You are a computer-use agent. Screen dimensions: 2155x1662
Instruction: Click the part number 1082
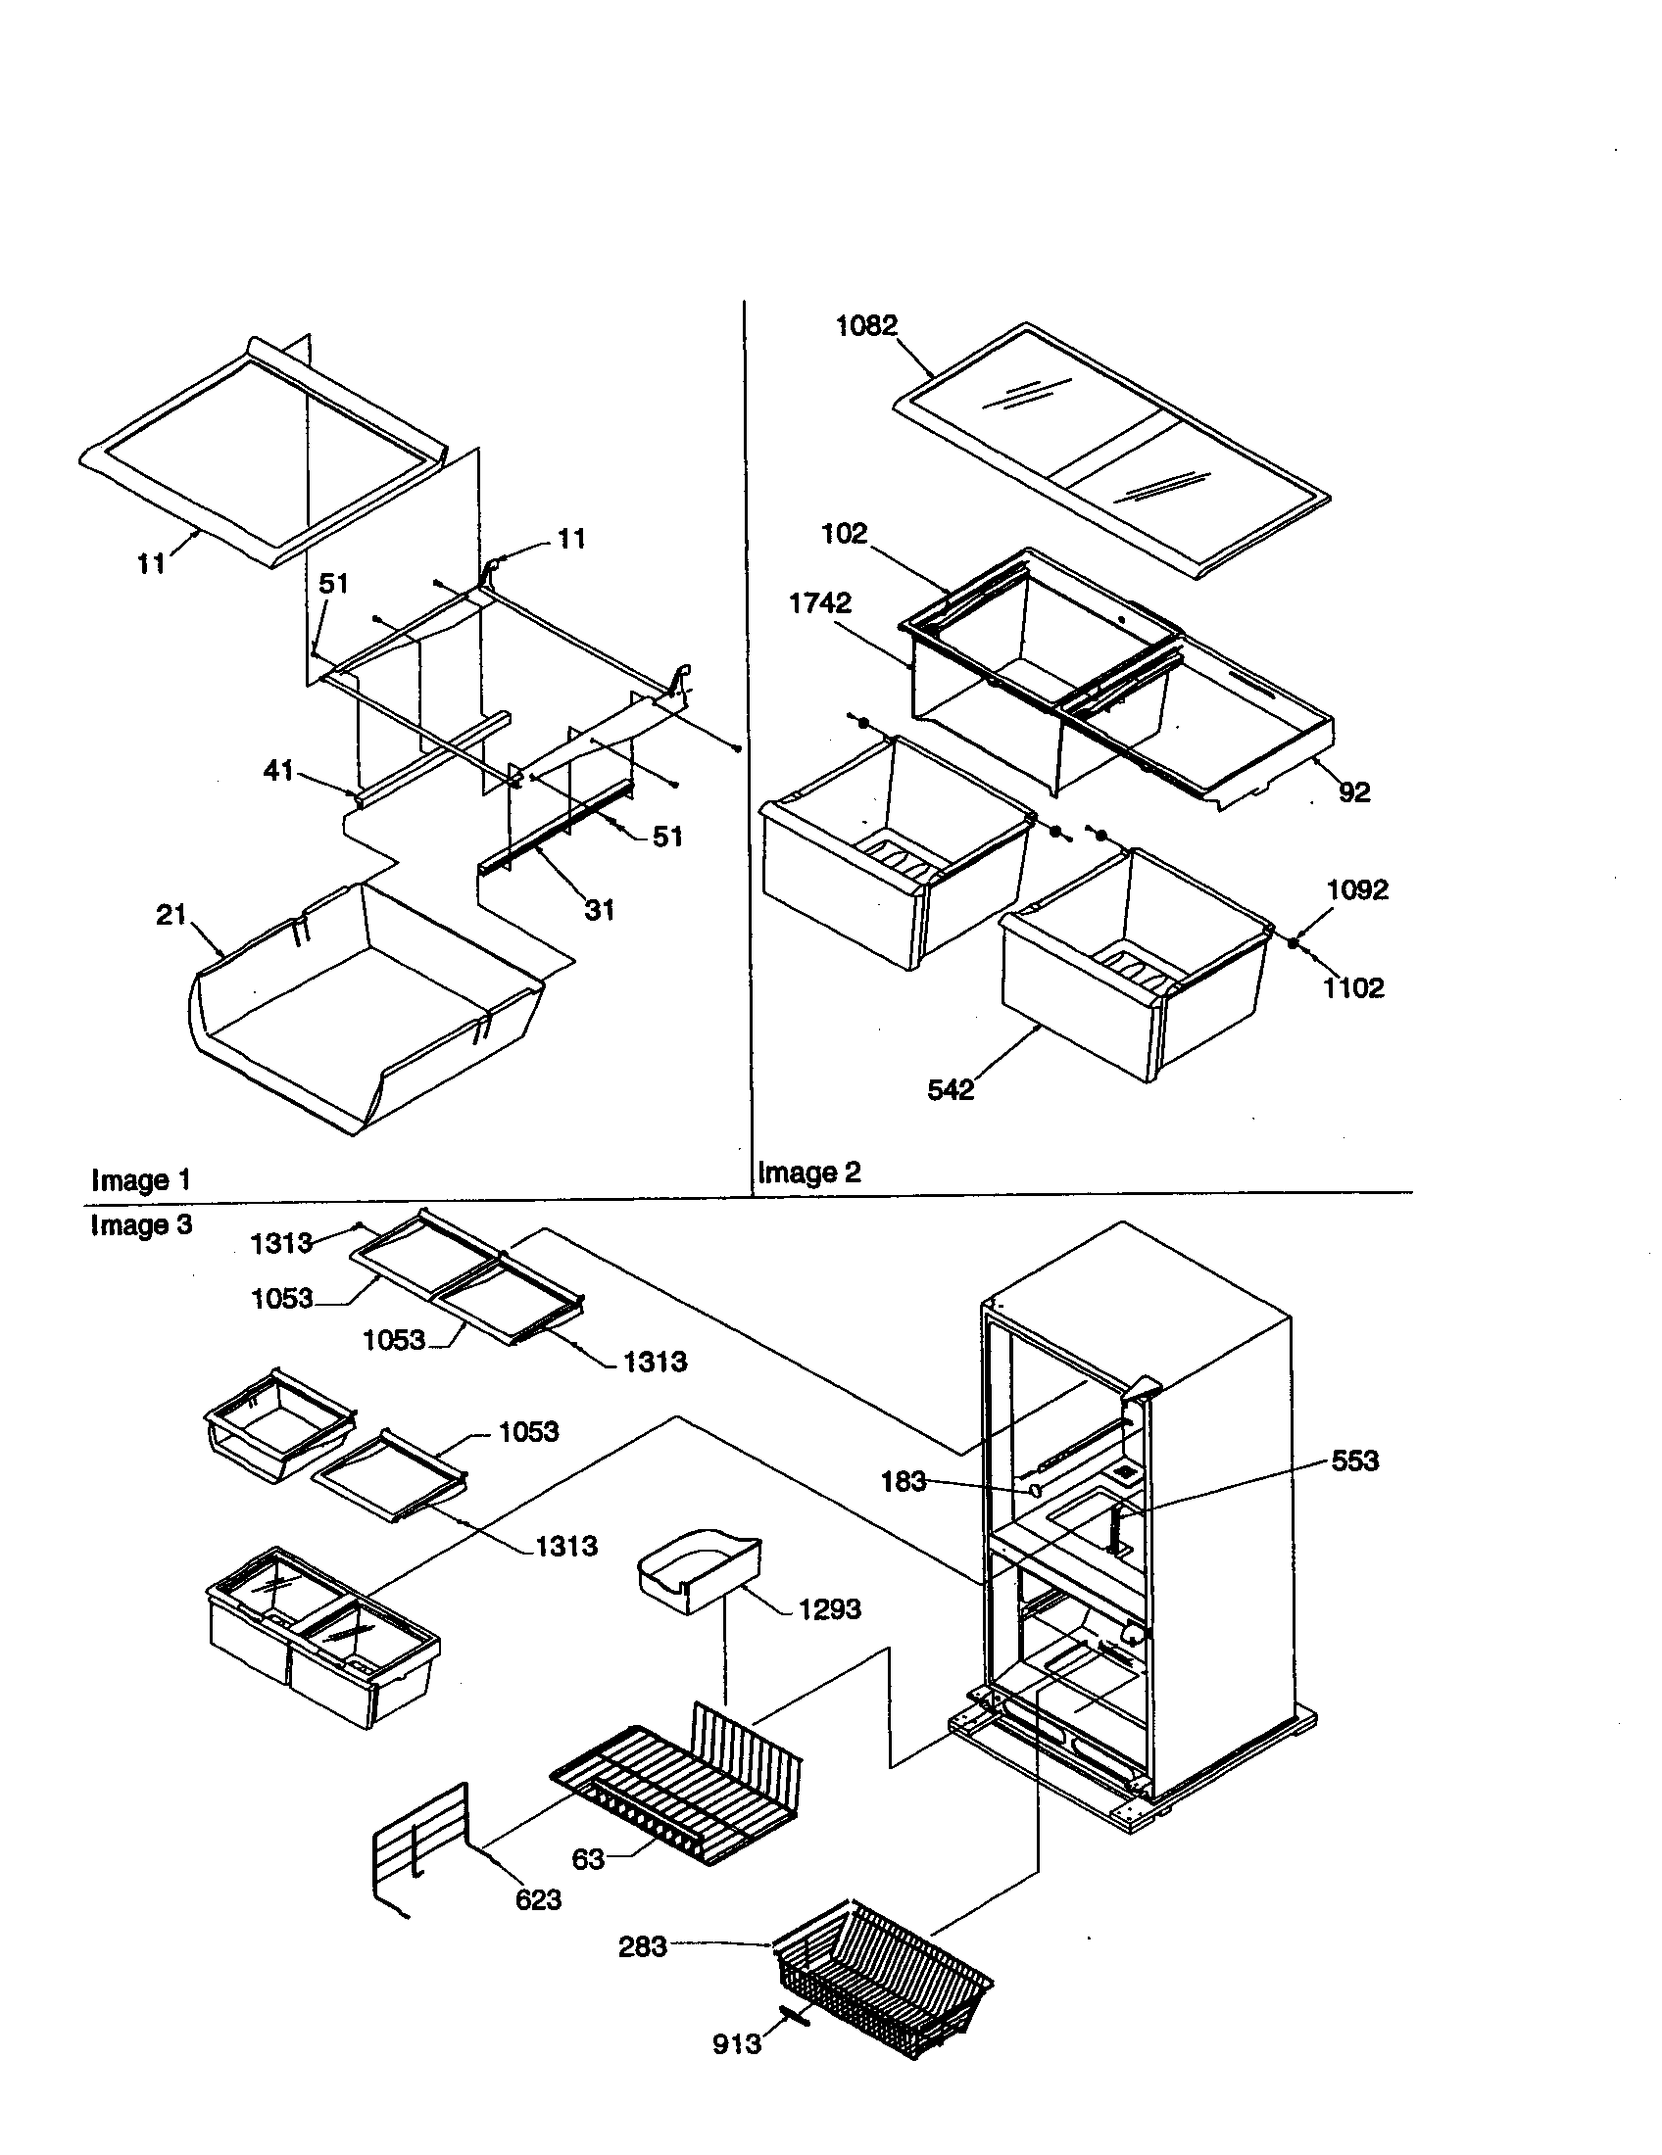[x=865, y=326]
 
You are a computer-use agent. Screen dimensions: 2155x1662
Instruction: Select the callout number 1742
[x=819, y=602]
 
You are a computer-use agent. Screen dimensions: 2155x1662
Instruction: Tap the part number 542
[x=951, y=1089]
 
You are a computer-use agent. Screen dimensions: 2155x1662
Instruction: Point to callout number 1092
[x=1357, y=890]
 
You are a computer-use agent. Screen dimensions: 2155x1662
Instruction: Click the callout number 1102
[x=1353, y=987]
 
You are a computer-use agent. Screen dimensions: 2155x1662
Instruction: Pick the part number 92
[x=1354, y=792]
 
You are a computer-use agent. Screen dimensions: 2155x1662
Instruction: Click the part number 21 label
[x=171, y=915]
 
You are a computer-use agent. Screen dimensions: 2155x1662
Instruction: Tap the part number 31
[x=599, y=910]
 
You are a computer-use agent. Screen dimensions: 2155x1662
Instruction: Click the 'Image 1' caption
[x=140, y=1180]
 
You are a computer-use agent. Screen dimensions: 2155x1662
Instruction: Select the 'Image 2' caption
[x=808, y=1173]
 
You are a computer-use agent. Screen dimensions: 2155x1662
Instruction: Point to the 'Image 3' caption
[x=140, y=1225]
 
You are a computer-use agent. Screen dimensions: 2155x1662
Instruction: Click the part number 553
[x=1354, y=1461]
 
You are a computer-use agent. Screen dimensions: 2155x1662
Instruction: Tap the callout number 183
[x=904, y=1481]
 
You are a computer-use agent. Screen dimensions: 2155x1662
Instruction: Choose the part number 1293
[x=829, y=1609]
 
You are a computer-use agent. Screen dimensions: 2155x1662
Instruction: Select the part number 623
[x=538, y=1899]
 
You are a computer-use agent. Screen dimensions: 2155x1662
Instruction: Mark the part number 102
[x=844, y=534]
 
